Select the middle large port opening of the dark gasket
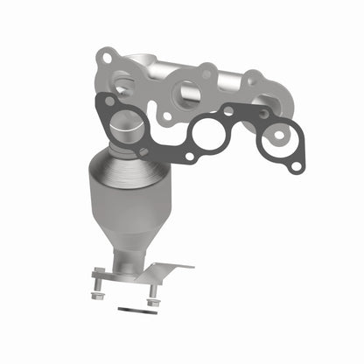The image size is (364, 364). tap(209, 134)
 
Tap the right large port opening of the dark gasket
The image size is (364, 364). tap(279, 136)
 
